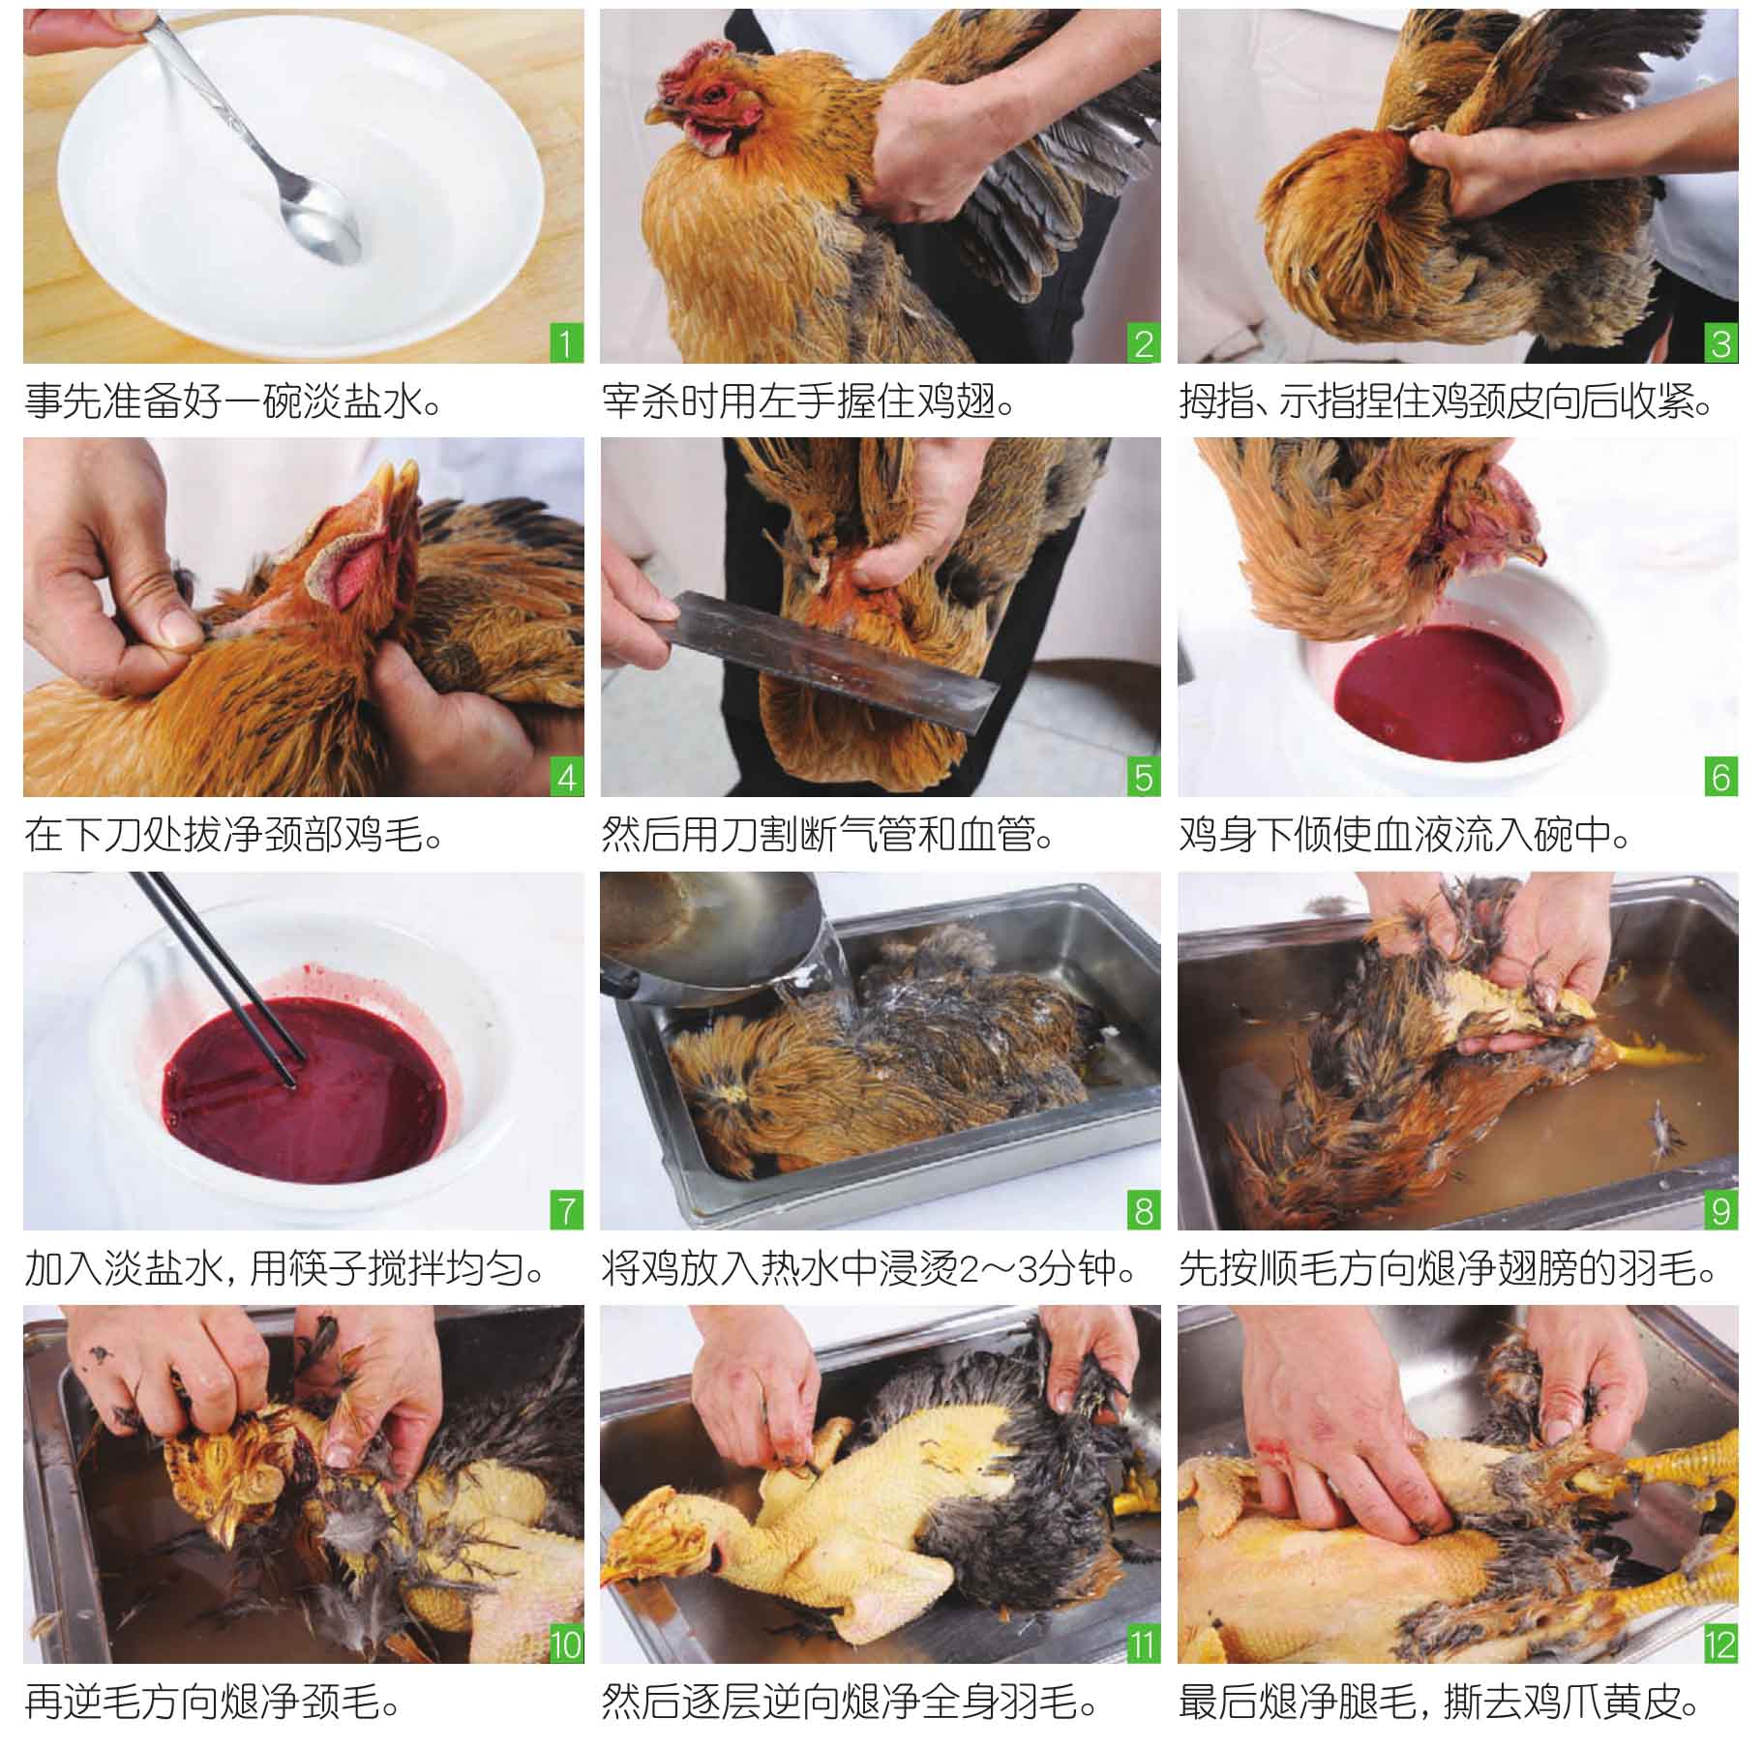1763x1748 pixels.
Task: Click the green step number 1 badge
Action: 566,344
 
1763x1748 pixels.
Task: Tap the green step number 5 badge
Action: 1143,778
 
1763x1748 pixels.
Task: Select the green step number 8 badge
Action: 1143,1211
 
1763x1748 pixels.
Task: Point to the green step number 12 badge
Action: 1719,1644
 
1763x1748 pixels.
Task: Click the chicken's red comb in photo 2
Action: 695,68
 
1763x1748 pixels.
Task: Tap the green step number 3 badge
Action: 1719,344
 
